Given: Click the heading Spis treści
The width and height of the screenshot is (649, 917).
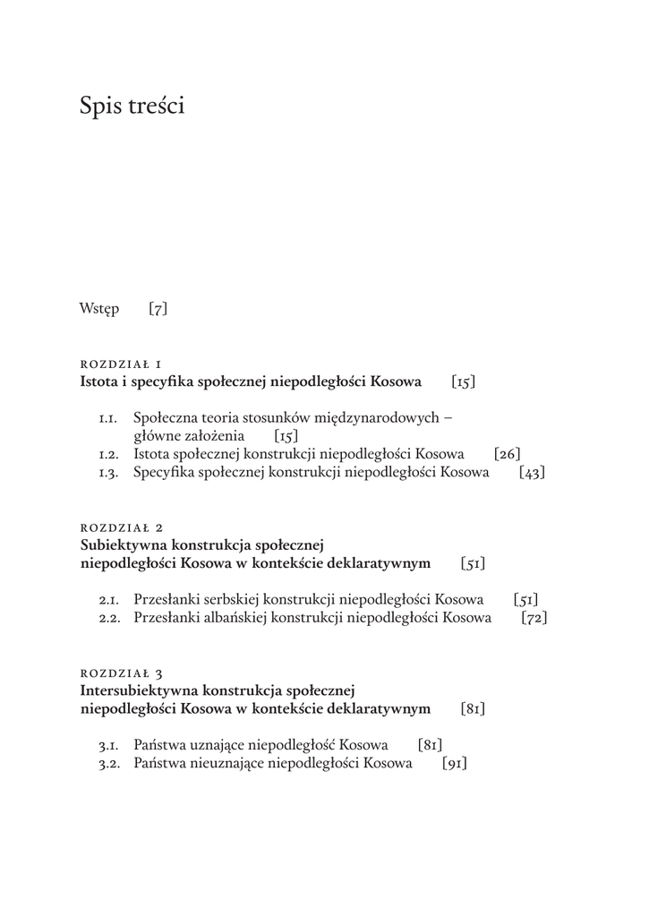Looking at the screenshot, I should point(132,107).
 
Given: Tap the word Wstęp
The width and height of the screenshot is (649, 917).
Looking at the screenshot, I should point(98,310).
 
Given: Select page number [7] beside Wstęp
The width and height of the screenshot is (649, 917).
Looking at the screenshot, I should point(158,310).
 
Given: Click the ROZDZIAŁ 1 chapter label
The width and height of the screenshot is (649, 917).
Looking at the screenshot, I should point(121,364).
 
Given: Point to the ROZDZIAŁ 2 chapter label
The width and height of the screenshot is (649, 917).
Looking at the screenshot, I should point(121,527).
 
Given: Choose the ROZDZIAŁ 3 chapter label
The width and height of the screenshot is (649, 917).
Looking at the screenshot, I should point(121,672).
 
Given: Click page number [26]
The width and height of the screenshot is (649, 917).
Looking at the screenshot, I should point(507,455).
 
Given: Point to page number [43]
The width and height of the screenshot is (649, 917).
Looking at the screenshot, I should point(531,473).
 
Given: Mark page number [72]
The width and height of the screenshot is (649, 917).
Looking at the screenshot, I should point(534,618).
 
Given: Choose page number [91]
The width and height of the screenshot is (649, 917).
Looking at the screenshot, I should point(455,764).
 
